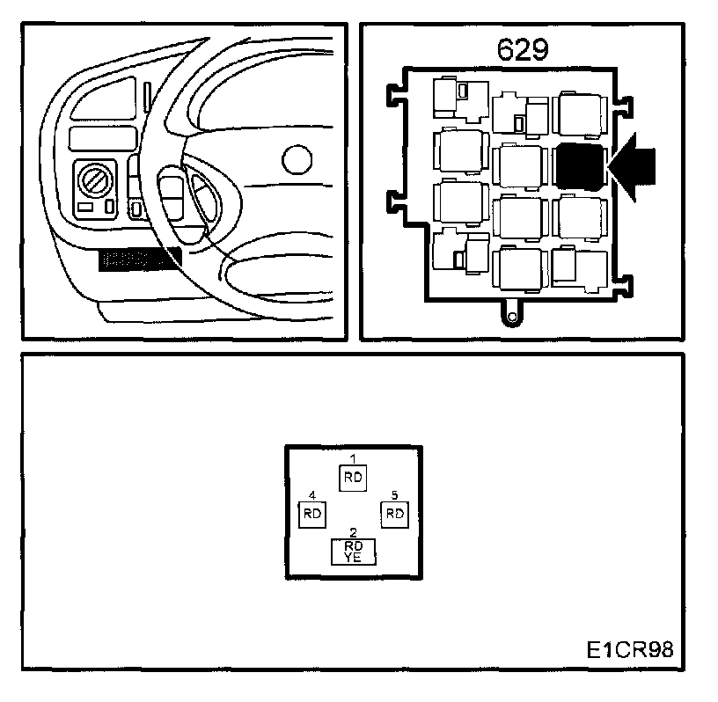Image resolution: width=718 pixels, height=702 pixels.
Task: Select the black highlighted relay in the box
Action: coord(580,166)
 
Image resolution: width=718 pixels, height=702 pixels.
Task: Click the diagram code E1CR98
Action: coord(630,651)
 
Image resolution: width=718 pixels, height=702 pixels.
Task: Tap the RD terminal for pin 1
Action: coord(353,477)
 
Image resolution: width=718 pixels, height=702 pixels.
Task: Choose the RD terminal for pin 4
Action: coord(312,514)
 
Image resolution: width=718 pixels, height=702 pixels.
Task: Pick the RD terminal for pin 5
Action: coord(394,514)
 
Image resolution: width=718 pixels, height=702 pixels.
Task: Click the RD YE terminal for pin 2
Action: coord(353,551)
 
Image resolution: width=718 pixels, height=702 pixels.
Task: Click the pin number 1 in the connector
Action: coord(353,459)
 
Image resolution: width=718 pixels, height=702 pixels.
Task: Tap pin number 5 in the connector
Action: coord(394,495)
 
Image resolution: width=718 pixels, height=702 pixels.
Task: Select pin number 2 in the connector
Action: coord(353,532)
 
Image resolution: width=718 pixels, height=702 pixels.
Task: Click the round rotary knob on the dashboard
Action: coord(94,181)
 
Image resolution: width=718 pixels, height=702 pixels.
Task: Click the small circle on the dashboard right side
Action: coord(298,160)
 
